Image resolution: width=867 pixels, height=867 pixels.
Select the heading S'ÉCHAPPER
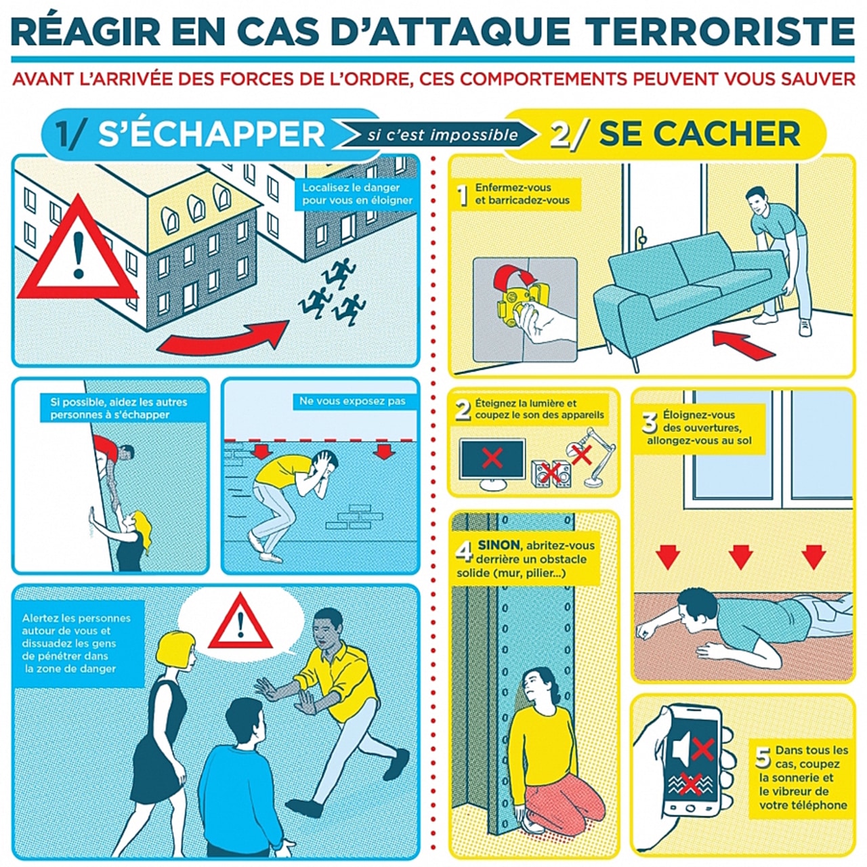[x=211, y=133]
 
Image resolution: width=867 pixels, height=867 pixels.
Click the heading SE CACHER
[x=699, y=133]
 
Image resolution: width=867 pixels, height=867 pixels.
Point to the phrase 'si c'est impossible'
[x=442, y=135]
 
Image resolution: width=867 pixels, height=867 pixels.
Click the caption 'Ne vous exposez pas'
[x=352, y=402]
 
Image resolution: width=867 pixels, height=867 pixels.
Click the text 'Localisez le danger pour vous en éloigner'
[x=357, y=194]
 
